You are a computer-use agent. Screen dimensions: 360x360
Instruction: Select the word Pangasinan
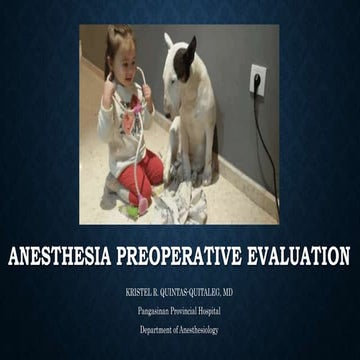point(155,313)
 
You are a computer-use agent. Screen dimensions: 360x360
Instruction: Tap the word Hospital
point(217,313)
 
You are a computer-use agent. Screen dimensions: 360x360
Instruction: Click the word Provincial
point(187,313)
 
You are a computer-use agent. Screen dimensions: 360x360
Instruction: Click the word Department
point(158,329)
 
